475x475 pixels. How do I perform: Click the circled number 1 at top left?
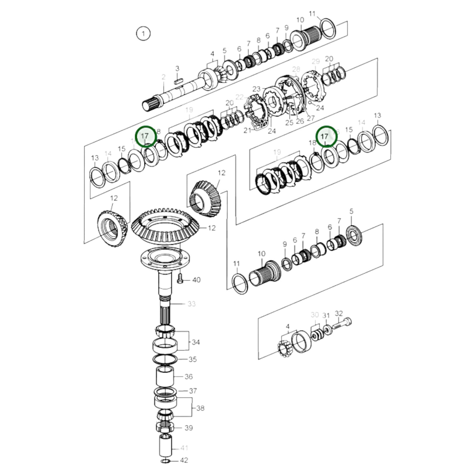(x=143, y=34)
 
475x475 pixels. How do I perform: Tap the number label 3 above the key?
(x=177, y=69)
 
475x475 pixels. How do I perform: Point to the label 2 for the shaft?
(x=163, y=77)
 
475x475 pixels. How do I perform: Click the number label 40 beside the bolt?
(x=196, y=280)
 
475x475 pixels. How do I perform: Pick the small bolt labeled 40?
(x=180, y=279)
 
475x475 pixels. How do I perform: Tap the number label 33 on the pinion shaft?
(x=191, y=304)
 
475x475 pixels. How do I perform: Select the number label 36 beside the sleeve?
(x=188, y=376)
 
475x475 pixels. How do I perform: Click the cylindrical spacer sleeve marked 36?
(x=164, y=377)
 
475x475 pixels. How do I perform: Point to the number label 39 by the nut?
(x=188, y=428)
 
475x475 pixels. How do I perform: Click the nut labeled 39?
(x=164, y=427)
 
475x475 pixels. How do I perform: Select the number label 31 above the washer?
(x=326, y=316)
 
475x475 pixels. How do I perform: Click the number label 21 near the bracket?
(x=247, y=131)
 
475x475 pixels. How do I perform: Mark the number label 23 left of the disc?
(x=256, y=89)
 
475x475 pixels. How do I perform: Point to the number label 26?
(x=300, y=121)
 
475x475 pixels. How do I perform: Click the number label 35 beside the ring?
(x=192, y=359)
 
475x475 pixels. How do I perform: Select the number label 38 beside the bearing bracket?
(x=200, y=408)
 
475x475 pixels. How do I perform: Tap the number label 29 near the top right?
(x=316, y=61)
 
